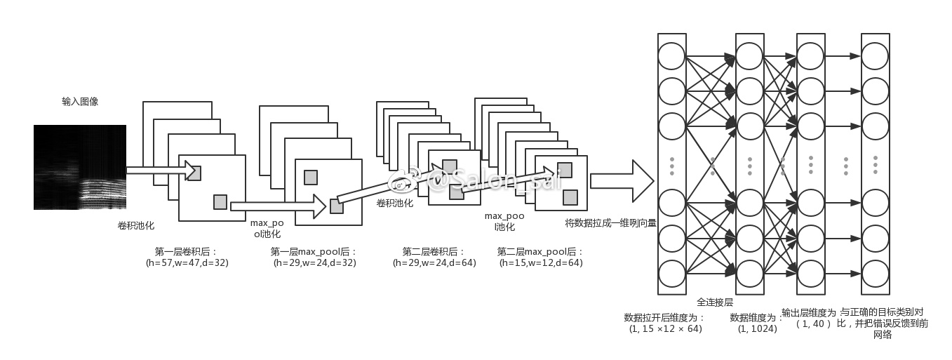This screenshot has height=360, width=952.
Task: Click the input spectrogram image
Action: click(79, 167)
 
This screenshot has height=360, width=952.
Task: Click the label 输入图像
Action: click(80, 102)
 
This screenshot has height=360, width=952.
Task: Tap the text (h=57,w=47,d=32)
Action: click(187, 263)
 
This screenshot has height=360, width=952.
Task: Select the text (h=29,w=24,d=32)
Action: click(314, 263)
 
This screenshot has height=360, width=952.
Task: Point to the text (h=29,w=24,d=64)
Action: click(434, 263)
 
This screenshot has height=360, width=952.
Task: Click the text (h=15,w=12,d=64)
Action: click(541, 263)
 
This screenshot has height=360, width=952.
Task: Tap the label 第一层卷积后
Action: click(186, 251)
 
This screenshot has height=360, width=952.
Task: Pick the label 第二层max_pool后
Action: click(540, 251)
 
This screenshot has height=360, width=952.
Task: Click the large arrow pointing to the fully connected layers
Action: click(622, 181)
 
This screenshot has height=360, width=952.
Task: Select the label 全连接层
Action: click(715, 302)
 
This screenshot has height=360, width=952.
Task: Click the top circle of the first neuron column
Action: click(671, 55)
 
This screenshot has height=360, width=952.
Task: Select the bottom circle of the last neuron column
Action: click(875, 273)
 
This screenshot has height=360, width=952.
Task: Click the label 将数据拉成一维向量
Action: click(610, 223)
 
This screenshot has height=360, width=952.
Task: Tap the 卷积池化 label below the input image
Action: click(135, 225)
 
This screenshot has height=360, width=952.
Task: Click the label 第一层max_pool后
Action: click(314, 251)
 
